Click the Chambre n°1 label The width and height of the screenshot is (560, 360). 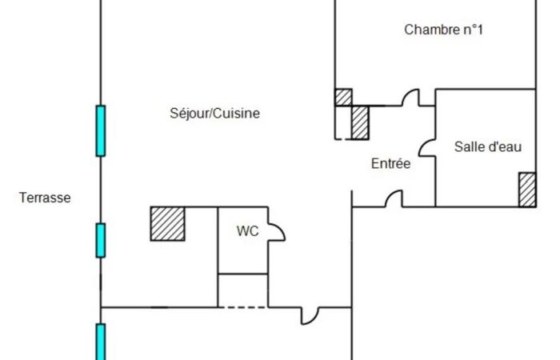click(444, 30)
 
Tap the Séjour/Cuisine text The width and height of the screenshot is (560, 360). click(215, 114)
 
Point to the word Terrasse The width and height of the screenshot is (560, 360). click(45, 198)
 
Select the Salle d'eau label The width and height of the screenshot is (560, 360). click(488, 146)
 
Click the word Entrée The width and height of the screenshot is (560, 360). click(390, 164)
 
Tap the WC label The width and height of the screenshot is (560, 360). click(246, 231)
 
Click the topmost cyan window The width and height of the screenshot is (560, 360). click(100, 130)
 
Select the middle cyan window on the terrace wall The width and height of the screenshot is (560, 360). click(100, 240)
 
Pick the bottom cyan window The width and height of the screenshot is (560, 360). click(100, 342)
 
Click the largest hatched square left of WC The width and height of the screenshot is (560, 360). click(168, 223)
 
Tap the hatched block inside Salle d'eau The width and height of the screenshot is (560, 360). click(526, 190)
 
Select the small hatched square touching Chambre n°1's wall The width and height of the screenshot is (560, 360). click(343, 97)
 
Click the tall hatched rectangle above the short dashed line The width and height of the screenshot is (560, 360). click(360, 122)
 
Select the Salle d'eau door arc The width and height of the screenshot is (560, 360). click(427, 147)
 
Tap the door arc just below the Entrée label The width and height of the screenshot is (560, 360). click(393, 199)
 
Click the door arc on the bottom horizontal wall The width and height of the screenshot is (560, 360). click(310, 315)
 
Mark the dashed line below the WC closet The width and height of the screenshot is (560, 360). click(242, 306)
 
